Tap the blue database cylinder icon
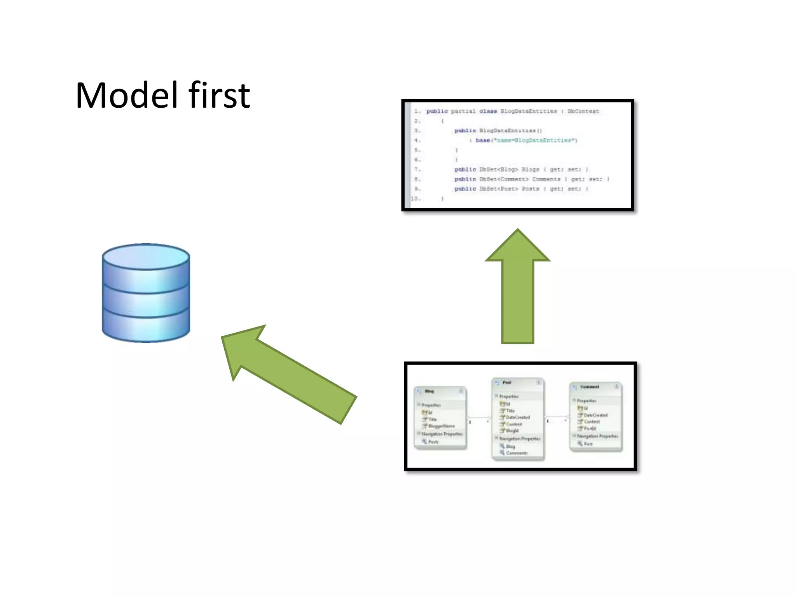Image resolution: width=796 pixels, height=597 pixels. coord(146,293)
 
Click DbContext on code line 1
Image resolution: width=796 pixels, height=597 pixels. coord(583,111)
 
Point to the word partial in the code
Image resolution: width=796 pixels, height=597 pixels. coord(463,111)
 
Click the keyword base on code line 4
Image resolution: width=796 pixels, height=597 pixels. coord(483,140)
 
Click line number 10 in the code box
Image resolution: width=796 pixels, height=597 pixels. coord(415,199)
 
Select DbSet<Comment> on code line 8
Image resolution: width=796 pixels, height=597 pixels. coord(504,179)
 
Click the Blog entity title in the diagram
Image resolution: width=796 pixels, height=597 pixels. coord(429,391)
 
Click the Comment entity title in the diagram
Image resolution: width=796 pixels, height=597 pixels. coord(590,387)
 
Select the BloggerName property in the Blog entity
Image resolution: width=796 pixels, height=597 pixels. coord(441,426)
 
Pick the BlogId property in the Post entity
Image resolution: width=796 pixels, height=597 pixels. coord(512,431)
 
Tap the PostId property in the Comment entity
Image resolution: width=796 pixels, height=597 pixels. coord(590,428)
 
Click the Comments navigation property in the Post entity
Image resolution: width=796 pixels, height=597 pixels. coord(517,453)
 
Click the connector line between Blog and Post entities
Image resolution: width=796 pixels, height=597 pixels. coord(479,418)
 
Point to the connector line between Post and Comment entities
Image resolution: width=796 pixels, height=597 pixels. coord(557,417)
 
